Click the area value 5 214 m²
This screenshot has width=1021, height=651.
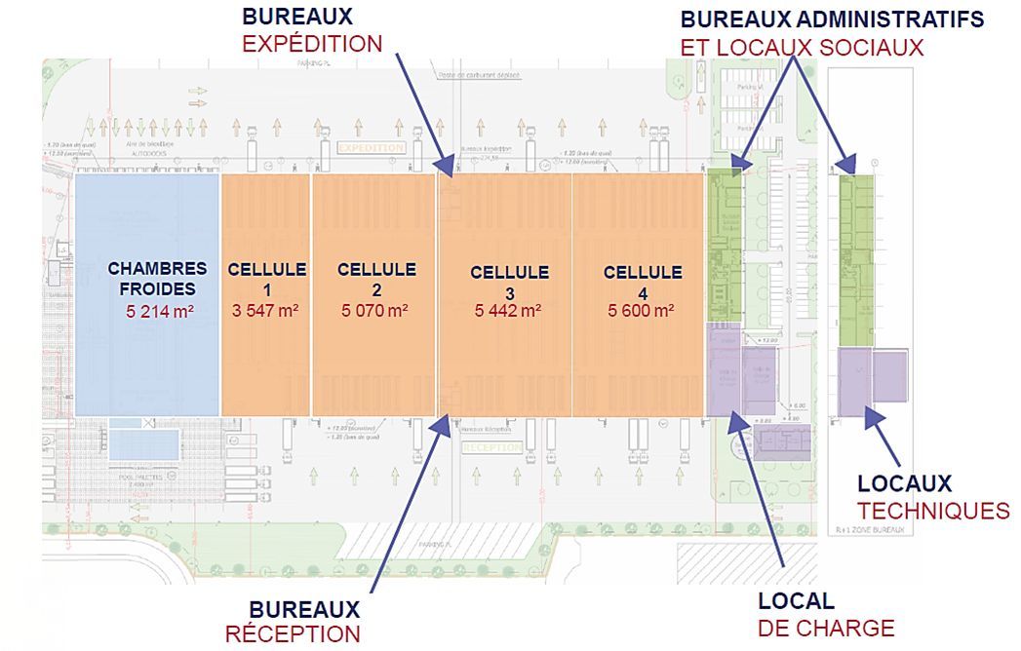[x=158, y=312]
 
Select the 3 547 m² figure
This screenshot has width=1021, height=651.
[x=266, y=312]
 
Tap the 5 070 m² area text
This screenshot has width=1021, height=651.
[x=375, y=312]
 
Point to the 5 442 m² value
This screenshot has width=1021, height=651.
[x=508, y=312]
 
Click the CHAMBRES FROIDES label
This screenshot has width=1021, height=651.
[x=157, y=278]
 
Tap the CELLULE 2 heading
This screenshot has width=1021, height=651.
[x=375, y=279]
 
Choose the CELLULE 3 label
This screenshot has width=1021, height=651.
[x=509, y=282]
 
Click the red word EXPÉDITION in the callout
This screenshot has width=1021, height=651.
[x=312, y=44]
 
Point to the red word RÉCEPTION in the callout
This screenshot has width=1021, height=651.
[x=293, y=633]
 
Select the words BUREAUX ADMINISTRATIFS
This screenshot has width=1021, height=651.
[x=832, y=19]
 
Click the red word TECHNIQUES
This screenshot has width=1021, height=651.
[x=933, y=510]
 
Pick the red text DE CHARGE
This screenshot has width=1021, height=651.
[x=825, y=628]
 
